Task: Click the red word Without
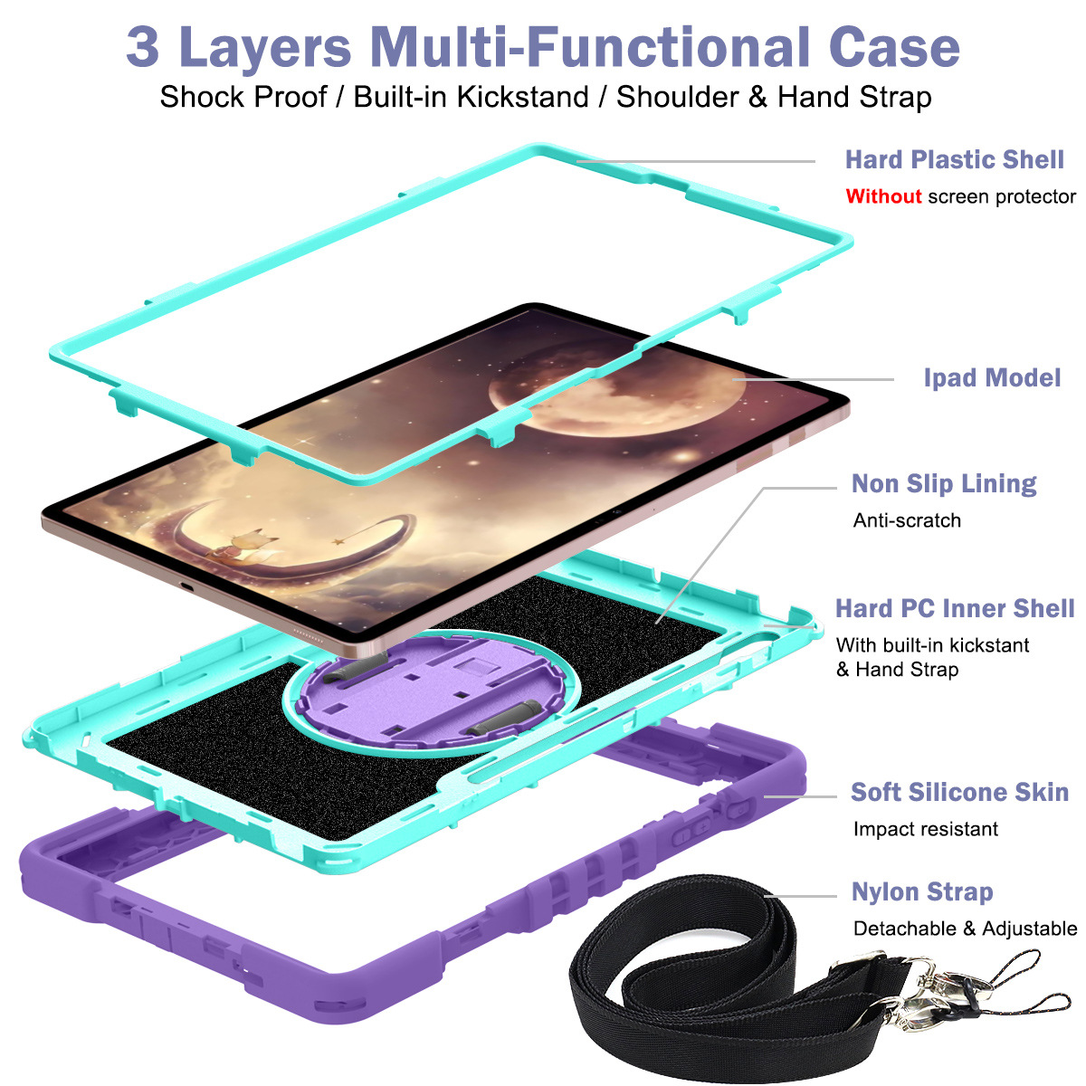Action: (883, 196)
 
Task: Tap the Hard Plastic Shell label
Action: (954, 159)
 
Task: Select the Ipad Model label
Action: (992, 378)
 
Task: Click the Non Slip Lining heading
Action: (943, 484)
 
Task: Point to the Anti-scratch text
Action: (907, 520)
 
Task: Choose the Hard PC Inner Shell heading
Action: (955, 609)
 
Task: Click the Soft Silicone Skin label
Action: (959, 792)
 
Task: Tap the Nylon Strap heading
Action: (922, 892)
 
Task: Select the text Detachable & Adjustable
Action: (965, 929)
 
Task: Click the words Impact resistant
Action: (926, 829)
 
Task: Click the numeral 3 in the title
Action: (143, 47)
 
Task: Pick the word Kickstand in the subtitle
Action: (522, 97)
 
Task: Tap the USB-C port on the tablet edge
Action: (186, 587)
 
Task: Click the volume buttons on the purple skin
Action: (693, 832)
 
